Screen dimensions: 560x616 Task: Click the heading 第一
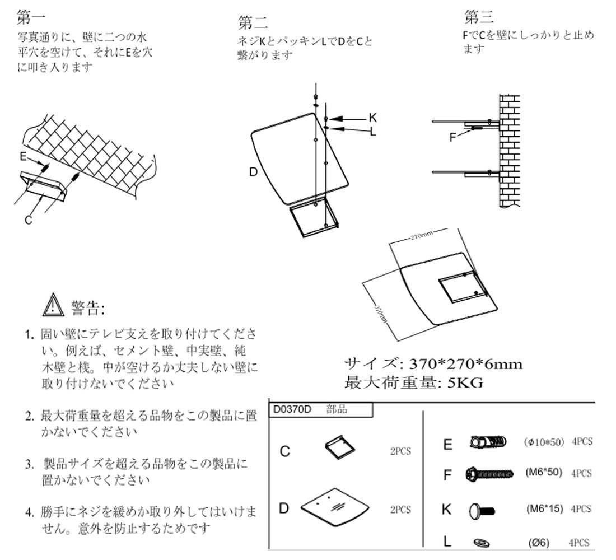tap(31, 18)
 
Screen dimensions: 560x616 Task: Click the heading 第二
tap(253, 23)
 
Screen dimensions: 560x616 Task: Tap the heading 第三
tap(479, 17)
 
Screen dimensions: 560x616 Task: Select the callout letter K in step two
tap(372, 118)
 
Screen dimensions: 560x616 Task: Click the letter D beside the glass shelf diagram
tap(253, 172)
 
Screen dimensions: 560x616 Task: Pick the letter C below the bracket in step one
tap(28, 220)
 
